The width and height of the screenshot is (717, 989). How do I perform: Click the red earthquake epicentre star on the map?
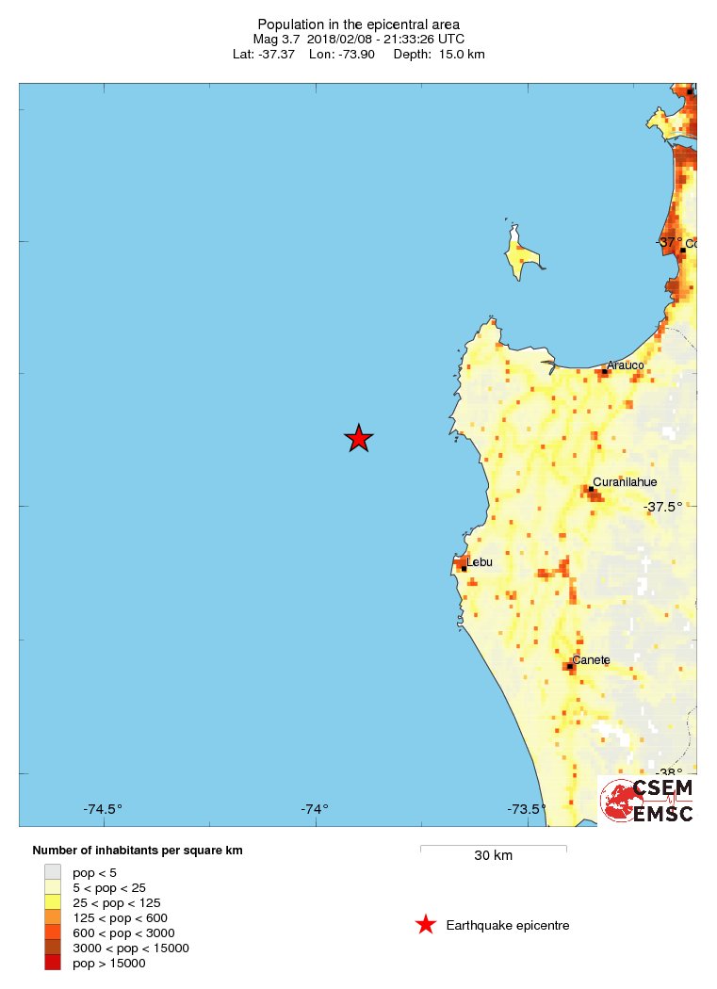tap(358, 438)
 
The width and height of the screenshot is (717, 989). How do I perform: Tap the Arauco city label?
tap(625, 365)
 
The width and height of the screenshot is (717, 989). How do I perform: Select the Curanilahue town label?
tap(625, 482)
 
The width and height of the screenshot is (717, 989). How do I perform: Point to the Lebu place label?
tap(480, 562)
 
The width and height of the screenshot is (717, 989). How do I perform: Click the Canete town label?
tap(591, 659)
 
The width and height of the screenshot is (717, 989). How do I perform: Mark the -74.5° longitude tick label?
tap(103, 809)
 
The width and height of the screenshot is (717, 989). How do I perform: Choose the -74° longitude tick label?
tap(315, 809)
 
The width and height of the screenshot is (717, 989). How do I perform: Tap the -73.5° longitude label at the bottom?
tap(527, 809)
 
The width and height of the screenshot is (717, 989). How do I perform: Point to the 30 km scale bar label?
tap(493, 856)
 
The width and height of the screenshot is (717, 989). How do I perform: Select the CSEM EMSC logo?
tap(647, 801)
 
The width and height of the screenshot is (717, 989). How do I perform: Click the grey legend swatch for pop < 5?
tap(53, 872)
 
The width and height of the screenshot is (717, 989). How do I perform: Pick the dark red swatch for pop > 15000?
tap(53, 963)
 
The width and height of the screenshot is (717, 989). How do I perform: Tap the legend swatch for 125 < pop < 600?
tap(53, 917)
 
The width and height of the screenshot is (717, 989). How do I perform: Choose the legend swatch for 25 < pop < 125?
tap(53, 902)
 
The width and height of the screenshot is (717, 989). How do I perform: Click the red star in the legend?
tap(426, 925)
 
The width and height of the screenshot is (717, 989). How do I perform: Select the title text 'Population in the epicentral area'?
tap(359, 24)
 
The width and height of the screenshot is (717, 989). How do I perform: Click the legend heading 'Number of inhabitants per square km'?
tap(138, 851)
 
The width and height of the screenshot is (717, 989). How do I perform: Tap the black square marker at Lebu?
tap(464, 568)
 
